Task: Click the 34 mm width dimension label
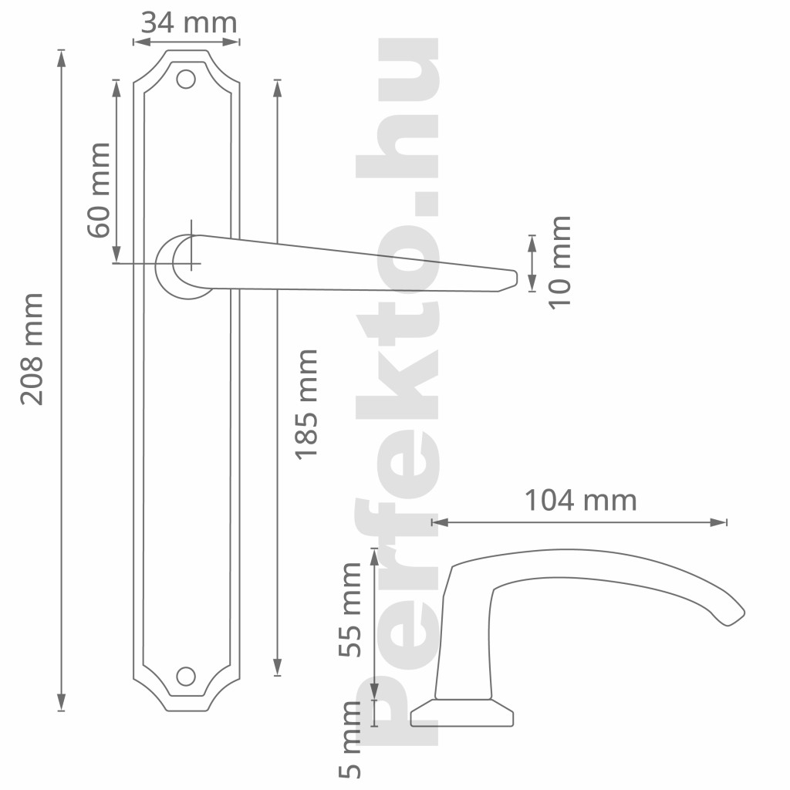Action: [189, 23]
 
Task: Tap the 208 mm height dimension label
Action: [32, 349]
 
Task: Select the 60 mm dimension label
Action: [99, 190]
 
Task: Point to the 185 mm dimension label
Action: [306, 404]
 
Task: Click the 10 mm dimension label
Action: [560, 262]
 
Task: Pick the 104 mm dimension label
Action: [581, 500]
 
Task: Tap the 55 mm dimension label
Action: [349, 609]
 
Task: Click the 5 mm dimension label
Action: [349, 740]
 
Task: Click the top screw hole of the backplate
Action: [186, 79]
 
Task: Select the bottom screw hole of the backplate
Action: [186, 677]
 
